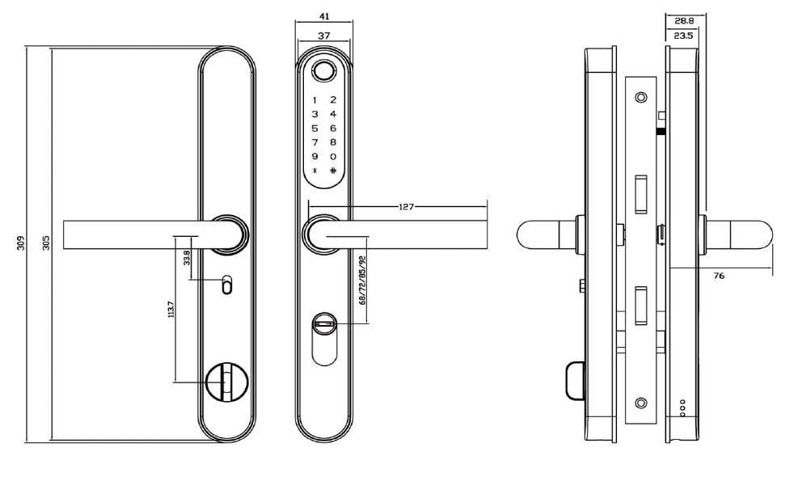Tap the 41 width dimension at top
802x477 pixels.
click(325, 16)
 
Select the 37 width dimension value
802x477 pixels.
click(325, 36)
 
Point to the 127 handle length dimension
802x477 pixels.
click(406, 207)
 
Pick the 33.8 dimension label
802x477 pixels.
click(188, 257)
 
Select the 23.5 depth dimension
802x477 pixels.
click(683, 36)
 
